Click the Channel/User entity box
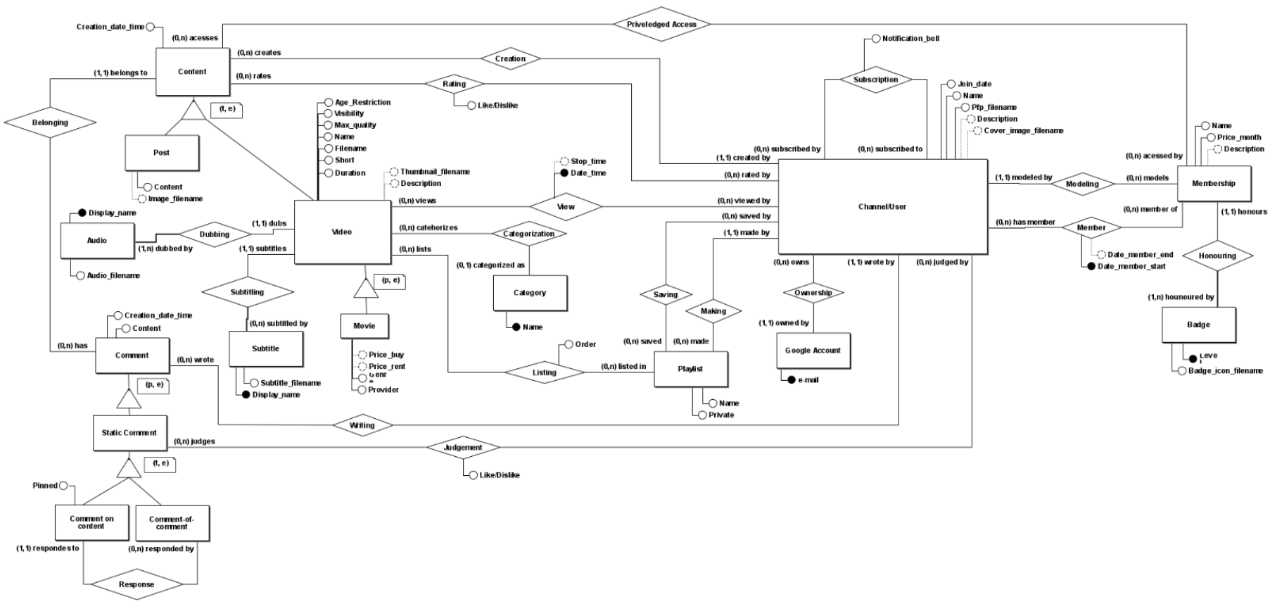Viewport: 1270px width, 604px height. click(882, 206)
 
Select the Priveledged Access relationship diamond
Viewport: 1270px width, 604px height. click(661, 24)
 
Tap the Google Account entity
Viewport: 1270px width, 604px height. click(813, 350)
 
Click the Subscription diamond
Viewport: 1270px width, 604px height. click(875, 80)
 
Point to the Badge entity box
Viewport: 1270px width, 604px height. click(1198, 325)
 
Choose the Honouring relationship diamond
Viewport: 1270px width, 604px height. click(1217, 256)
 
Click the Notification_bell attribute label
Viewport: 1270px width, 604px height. click(910, 39)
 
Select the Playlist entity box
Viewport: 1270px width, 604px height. click(690, 369)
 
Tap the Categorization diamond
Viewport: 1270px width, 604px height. click(528, 234)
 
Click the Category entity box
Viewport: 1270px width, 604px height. click(530, 293)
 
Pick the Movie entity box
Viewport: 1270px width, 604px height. click(364, 326)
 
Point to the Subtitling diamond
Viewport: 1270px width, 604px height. click(247, 291)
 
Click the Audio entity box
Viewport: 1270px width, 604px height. click(97, 240)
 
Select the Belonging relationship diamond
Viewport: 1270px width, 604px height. click(50, 122)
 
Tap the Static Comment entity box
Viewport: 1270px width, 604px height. click(129, 432)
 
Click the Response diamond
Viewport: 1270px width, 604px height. click(136, 584)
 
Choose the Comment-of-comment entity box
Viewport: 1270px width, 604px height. click(172, 523)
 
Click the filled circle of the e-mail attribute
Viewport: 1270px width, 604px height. click(792, 380)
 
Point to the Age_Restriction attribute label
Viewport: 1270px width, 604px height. click(362, 102)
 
